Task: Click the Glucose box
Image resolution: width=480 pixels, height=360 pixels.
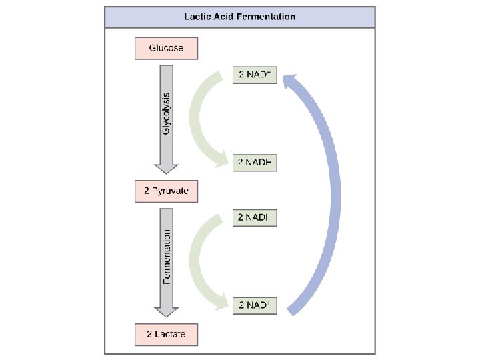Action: pyautogui.click(x=166, y=48)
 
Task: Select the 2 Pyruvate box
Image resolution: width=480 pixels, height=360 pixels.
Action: pyautogui.click(x=166, y=191)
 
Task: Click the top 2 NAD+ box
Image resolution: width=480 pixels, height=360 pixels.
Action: pyautogui.click(x=254, y=75)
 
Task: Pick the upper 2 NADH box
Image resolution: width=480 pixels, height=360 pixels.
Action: pyautogui.click(x=255, y=162)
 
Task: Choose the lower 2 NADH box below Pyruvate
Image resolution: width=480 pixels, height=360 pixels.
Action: pyautogui.click(x=255, y=217)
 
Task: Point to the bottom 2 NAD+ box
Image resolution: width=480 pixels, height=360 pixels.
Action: pyautogui.click(x=254, y=305)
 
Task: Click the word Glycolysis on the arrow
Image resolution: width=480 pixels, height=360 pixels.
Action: pyautogui.click(x=166, y=112)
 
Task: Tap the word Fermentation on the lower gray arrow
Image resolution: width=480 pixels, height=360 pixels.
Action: pyautogui.click(x=167, y=257)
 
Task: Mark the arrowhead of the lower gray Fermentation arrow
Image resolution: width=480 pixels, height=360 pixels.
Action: pyautogui.click(x=166, y=311)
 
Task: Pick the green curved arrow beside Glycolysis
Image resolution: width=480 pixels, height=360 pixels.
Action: pyautogui.click(x=199, y=117)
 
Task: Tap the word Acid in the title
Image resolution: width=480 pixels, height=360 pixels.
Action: pyautogui.click(x=227, y=16)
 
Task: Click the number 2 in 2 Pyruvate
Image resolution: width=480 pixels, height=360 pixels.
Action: pyautogui.click(x=146, y=191)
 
